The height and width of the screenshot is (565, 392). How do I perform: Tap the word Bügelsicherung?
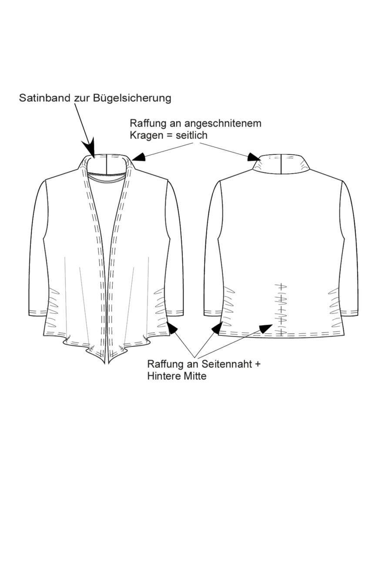[132, 98]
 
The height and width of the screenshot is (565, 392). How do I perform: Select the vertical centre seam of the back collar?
[281, 164]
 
